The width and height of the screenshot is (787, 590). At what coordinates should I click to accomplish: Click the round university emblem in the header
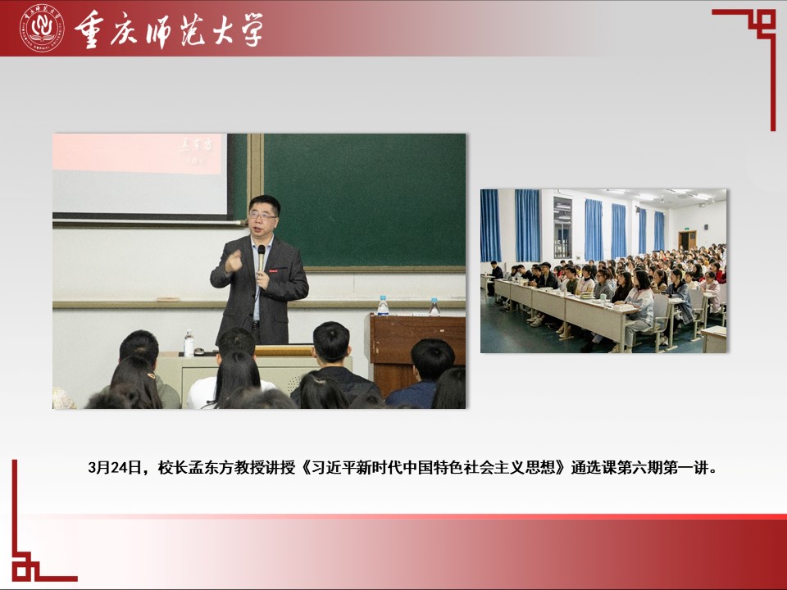point(42,28)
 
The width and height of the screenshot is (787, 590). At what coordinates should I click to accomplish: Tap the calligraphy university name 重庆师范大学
point(169,30)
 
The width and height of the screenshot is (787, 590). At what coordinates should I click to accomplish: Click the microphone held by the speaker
point(261,258)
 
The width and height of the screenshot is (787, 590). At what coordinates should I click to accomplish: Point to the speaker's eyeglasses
point(262,216)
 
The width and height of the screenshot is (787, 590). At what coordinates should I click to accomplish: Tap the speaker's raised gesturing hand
point(234,261)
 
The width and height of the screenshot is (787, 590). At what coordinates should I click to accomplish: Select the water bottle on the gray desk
point(189,343)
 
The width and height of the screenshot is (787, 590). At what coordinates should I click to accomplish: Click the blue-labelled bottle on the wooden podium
point(383,306)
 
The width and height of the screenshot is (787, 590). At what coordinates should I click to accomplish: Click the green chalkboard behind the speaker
point(364,200)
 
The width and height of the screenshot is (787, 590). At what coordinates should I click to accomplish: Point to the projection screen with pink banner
point(140,175)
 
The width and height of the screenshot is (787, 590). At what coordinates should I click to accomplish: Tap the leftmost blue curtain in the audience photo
point(490,225)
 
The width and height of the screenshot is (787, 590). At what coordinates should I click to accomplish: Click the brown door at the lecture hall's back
point(688,241)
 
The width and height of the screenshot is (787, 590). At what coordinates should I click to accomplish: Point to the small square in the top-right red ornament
point(766,20)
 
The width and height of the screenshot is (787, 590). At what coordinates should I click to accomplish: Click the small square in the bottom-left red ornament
point(22,570)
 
